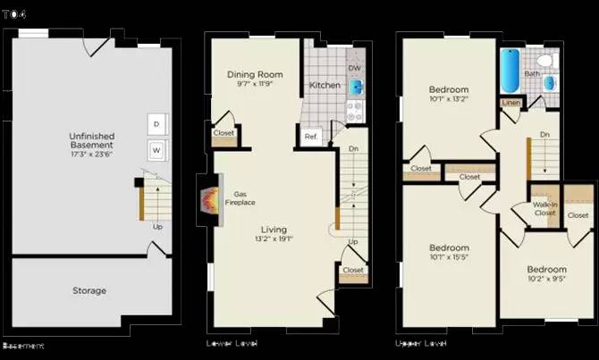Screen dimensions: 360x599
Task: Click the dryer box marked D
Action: click(x=156, y=123)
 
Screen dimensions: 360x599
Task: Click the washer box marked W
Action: click(x=156, y=149)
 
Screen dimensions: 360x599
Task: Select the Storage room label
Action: click(x=89, y=290)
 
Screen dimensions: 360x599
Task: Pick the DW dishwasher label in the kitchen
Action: click(x=354, y=68)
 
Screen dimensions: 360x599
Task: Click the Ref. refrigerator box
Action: click(x=310, y=137)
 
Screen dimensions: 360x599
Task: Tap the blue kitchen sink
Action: click(x=355, y=88)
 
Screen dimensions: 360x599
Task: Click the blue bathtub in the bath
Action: click(x=510, y=71)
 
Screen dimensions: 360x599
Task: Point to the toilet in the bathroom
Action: click(x=552, y=61)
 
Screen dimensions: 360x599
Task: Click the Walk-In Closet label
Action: click(x=544, y=209)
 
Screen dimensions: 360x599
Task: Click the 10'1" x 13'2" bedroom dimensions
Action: click(x=449, y=99)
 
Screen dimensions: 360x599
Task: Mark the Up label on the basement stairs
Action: click(x=158, y=226)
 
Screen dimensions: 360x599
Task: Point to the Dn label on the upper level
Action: click(x=544, y=135)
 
